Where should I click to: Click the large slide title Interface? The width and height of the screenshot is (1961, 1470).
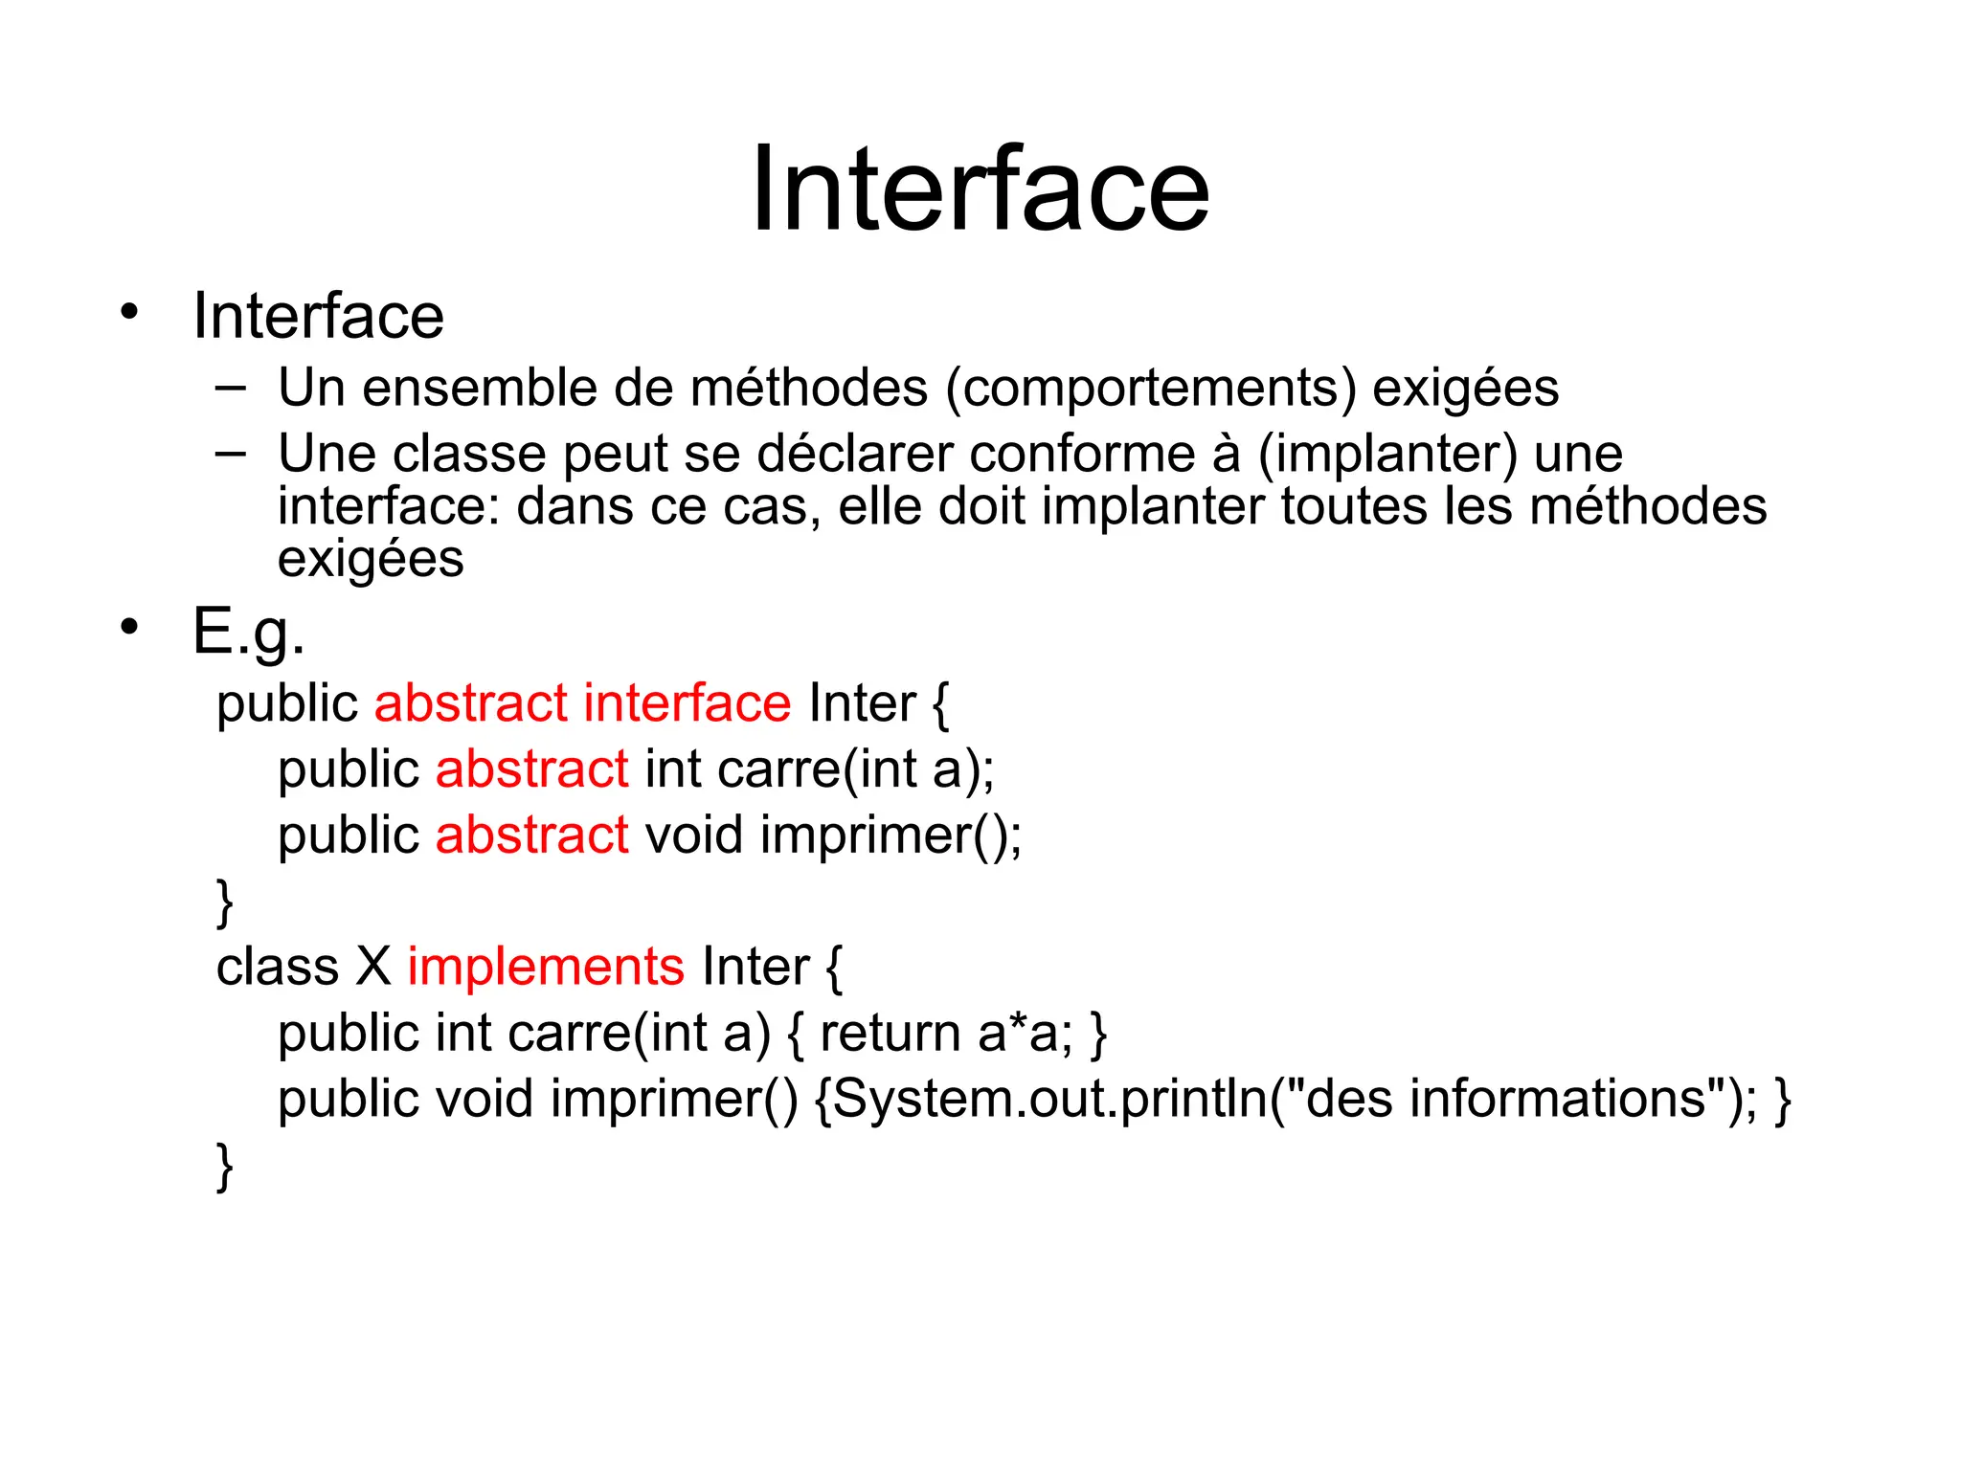click(980, 189)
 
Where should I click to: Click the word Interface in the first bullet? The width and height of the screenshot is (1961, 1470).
click(318, 316)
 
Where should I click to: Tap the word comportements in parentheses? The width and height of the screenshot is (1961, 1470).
click(1151, 389)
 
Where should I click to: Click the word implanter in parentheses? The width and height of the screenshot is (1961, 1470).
click(1387, 456)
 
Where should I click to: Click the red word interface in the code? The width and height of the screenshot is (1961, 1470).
click(687, 703)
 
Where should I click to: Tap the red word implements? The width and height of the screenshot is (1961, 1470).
click(546, 967)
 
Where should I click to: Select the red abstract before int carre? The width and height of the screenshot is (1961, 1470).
click(532, 769)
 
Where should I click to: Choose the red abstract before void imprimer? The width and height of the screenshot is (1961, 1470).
click(532, 835)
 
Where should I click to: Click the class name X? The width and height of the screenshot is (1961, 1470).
click(373, 967)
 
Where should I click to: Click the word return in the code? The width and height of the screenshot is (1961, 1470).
click(890, 1034)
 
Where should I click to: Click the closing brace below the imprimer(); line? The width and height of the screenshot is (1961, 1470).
click(225, 902)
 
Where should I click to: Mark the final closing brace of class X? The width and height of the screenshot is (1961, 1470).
click(225, 1166)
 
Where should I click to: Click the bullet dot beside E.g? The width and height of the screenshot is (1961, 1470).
click(129, 627)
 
